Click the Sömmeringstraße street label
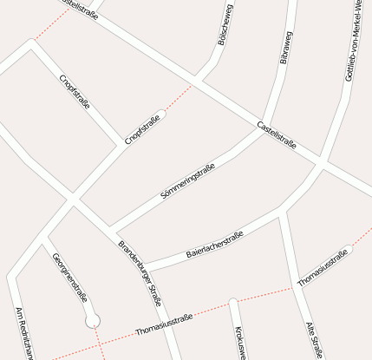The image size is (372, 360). (x=188, y=184)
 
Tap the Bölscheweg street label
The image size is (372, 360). (x=224, y=24)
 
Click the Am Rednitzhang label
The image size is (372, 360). (x=23, y=334)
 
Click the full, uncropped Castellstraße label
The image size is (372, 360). (x=277, y=137)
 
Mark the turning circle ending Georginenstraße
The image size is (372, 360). (x=93, y=321)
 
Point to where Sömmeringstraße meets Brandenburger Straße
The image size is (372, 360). (x=110, y=228)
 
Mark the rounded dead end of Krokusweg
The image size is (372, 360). (x=232, y=302)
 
